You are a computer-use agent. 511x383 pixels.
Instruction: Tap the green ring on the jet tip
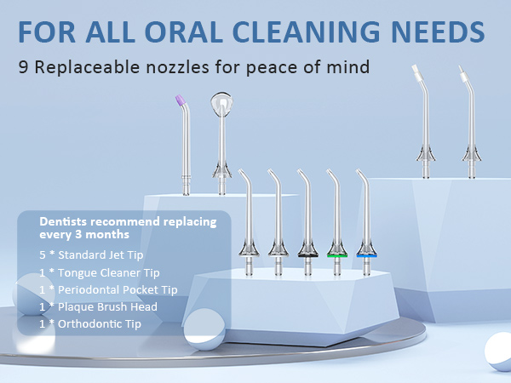337,254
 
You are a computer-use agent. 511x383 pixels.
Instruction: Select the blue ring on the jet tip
367,254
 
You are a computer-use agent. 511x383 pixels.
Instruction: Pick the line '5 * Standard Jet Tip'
95,254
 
